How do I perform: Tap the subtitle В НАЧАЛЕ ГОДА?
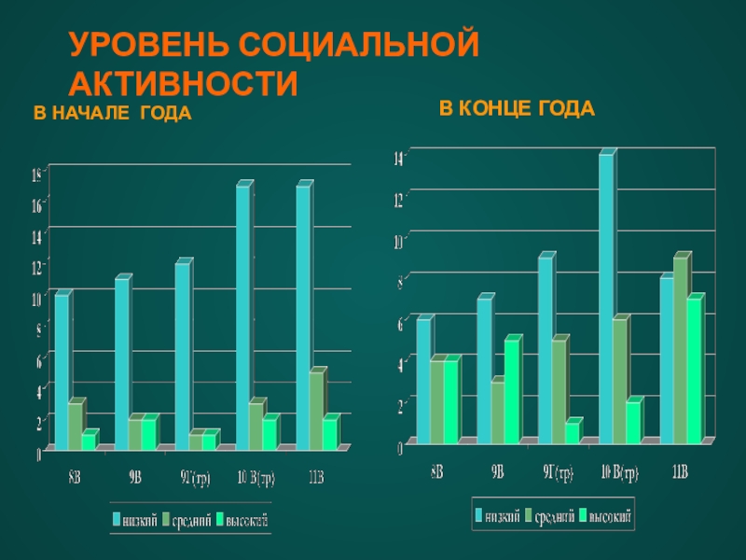(113, 114)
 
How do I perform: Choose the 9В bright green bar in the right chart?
(512, 390)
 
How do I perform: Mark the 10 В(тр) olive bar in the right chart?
(620, 380)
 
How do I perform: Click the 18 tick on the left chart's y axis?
(36, 175)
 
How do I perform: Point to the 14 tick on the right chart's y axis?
(398, 158)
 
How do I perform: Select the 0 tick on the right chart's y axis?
(399, 447)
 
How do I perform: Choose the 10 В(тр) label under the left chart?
(256, 480)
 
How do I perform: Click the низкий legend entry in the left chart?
(135, 519)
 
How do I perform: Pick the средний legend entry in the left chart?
(187, 519)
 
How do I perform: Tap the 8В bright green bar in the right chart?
(451, 399)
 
